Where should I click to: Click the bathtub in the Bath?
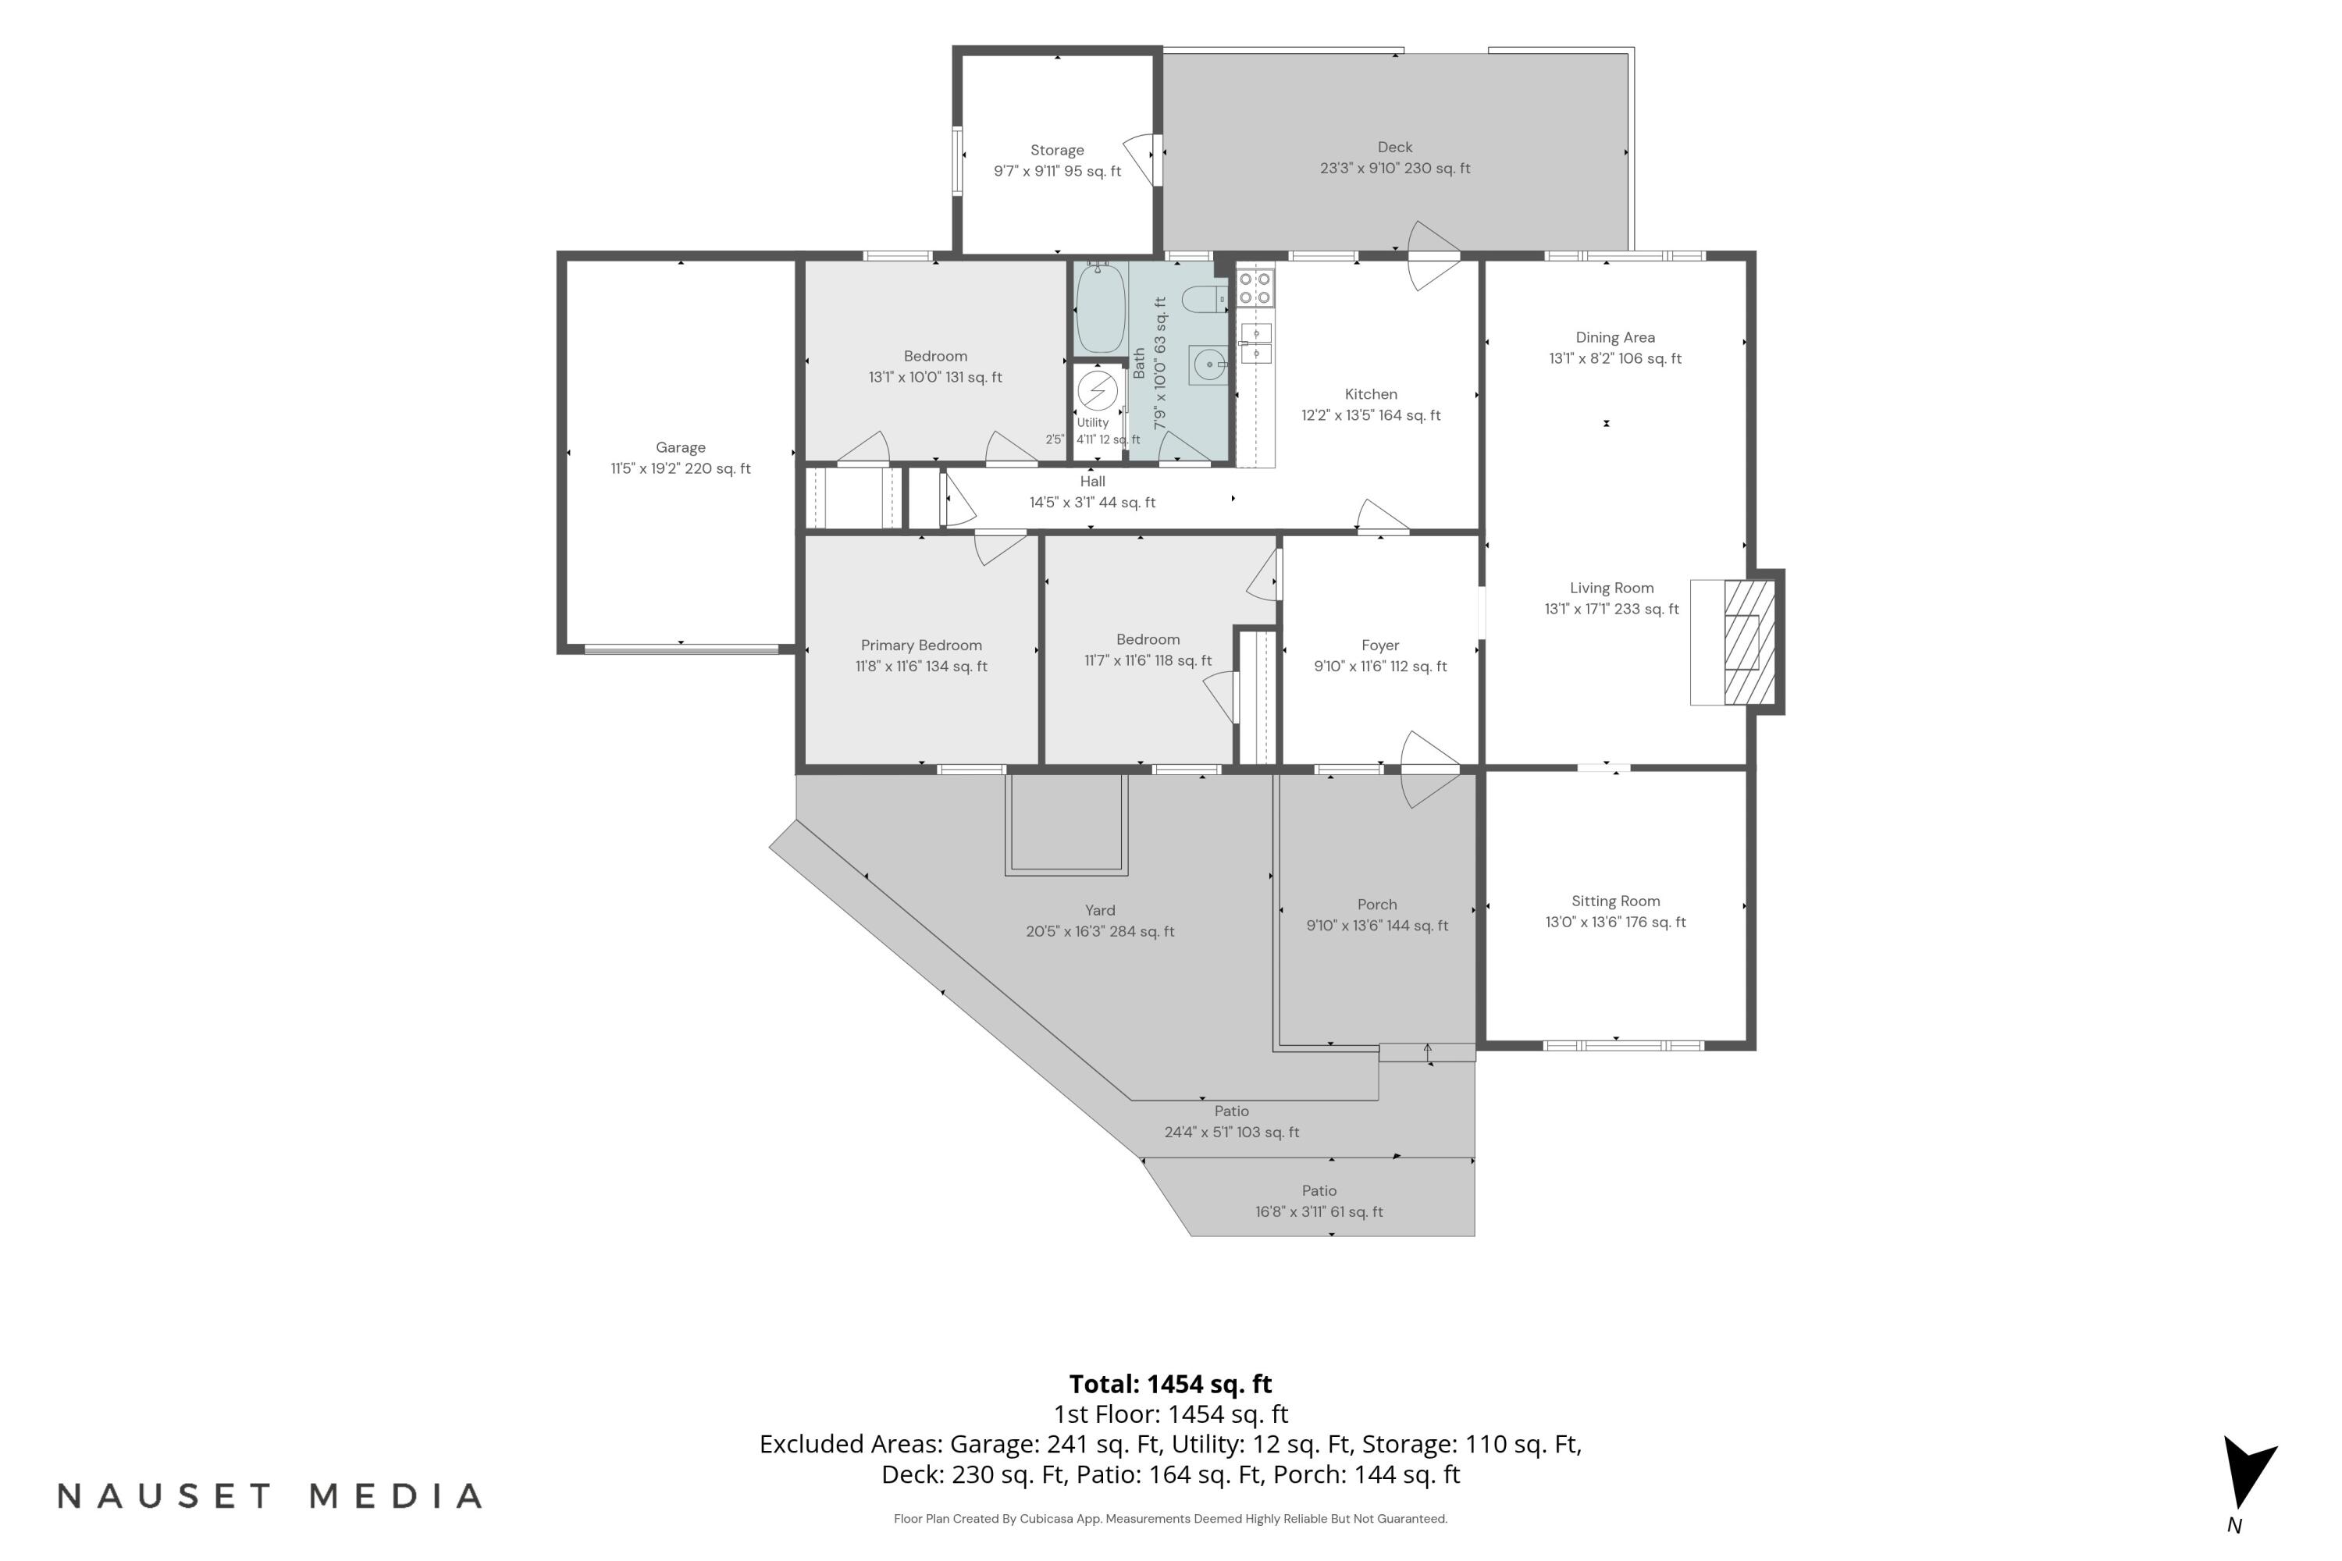(x=1100, y=307)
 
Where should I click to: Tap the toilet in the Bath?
(x=1205, y=297)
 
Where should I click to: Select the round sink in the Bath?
(x=1208, y=365)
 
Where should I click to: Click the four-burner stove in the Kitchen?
(x=1255, y=288)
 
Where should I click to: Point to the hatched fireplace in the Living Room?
(x=1749, y=642)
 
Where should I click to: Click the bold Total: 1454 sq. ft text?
(x=1170, y=1384)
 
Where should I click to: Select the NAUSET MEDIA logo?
(x=270, y=1495)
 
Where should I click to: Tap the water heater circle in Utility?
(x=1098, y=391)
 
